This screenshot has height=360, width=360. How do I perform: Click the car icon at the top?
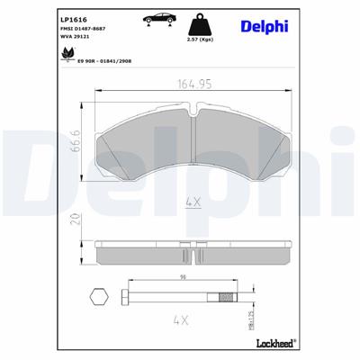point(159,17)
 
